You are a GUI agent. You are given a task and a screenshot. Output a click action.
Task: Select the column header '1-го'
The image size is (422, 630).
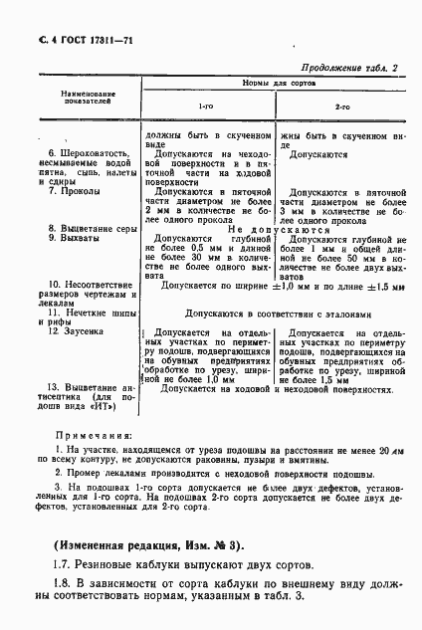pyautogui.click(x=207, y=105)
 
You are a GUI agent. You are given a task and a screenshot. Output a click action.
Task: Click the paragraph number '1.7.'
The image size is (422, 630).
pyautogui.click(x=61, y=565)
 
